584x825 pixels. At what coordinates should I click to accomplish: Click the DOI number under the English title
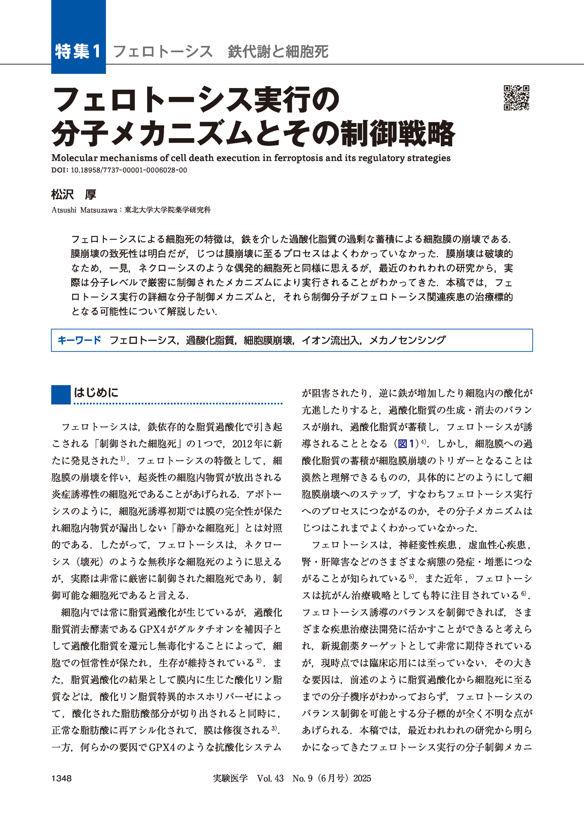129,170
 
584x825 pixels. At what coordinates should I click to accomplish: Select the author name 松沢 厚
74,195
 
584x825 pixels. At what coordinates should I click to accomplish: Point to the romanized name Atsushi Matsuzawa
84,210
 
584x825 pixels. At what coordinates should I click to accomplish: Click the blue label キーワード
79,340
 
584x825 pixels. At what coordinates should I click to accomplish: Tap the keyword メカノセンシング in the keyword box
407,340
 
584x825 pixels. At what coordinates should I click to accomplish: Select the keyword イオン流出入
331,340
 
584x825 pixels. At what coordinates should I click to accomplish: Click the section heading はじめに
96,392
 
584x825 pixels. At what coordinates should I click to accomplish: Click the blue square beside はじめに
61,395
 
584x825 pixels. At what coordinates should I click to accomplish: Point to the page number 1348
62,779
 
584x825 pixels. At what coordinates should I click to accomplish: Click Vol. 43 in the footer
270,779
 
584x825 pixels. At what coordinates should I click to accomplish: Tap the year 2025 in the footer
362,779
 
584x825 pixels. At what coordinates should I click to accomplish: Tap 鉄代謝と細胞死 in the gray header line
278,52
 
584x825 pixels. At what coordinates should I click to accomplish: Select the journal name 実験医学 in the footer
230,779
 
